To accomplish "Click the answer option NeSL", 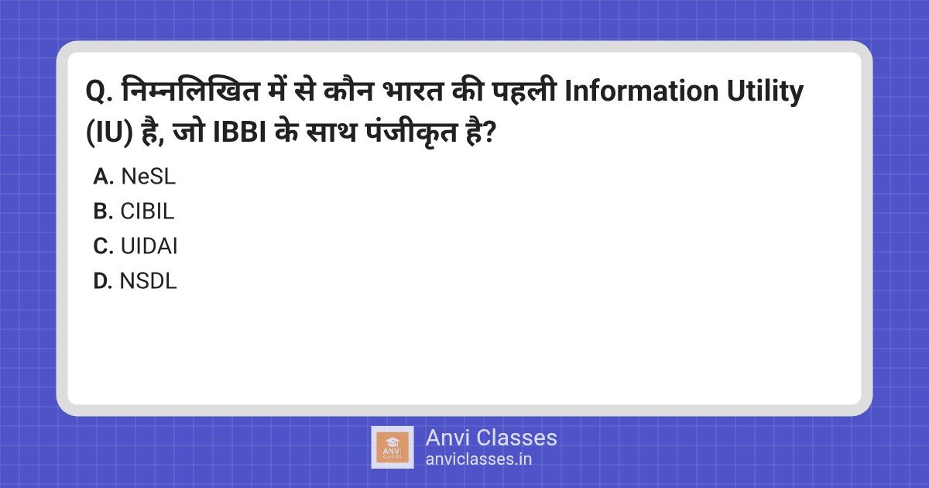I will tap(148, 177).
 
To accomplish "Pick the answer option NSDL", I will tap(149, 281).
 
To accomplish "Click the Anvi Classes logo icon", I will tap(392, 447).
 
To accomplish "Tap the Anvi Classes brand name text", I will tap(491, 438).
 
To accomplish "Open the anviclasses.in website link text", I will tap(478, 459).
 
